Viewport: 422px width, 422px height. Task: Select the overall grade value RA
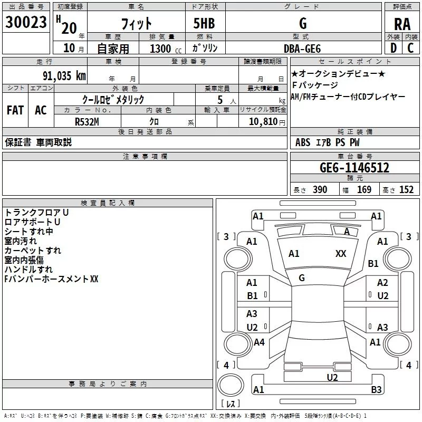[x=402, y=24]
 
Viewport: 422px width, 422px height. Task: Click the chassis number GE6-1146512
[x=354, y=168]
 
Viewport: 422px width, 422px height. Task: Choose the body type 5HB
[x=204, y=24]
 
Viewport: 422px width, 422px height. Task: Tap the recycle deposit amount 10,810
[x=263, y=121]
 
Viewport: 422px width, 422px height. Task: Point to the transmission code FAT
[x=15, y=110]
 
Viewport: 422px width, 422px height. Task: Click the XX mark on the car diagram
[x=341, y=254]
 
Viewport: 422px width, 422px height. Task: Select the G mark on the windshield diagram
[x=302, y=277]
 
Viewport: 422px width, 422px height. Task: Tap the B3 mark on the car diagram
[x=376, y=390]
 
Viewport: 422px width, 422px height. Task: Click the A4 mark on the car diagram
[x=259, y=342]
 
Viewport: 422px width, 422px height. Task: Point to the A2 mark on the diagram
[x=382, y=283]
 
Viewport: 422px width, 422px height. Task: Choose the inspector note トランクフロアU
[x=37, y=212]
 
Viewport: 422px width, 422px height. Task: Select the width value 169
[x=364, y=190]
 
